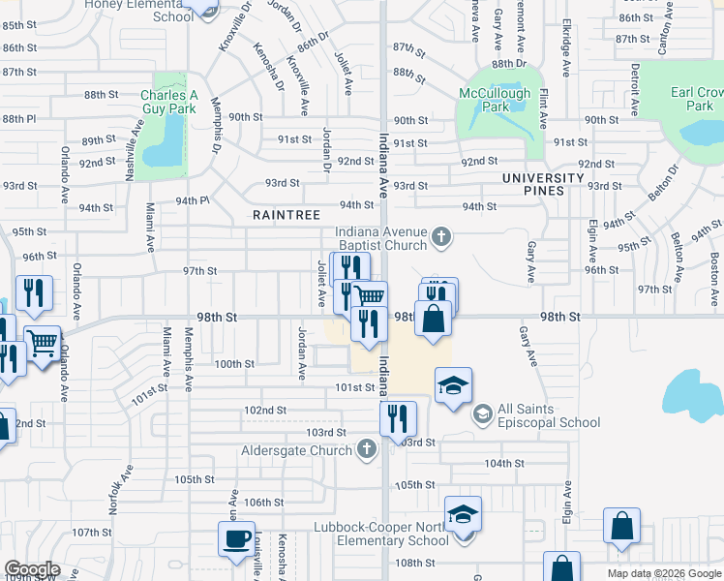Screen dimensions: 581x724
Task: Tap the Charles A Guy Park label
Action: click(x=168, y=102)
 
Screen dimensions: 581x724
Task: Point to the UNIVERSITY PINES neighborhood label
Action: click(x=543, y=184)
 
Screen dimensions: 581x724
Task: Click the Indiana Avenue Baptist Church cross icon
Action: click(x=441, y=235)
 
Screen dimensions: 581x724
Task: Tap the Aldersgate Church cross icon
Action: click(x=366, y=449)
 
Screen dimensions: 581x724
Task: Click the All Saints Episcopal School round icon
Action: click(x=482, y=413)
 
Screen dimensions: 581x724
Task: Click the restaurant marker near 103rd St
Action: click(x=397, y=418)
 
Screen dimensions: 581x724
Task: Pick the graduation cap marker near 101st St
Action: click(x=453, y=387)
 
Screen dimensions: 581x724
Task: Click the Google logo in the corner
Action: click(x=31, y=569)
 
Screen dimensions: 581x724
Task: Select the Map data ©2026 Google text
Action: click(x=663, y=573)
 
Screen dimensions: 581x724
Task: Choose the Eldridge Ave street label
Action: click(x=566, y=53)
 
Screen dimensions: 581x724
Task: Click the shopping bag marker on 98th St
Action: click(x=433, y=317)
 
